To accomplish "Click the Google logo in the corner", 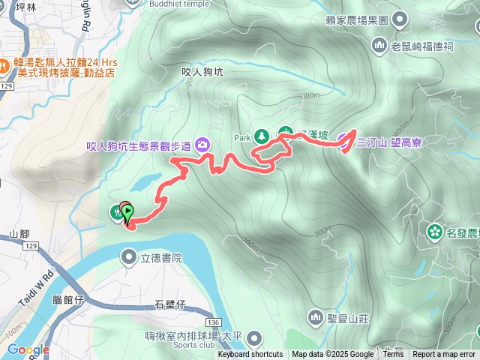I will pos(28,349).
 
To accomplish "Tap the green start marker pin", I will pos(127,213).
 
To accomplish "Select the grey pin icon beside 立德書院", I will pos(128,258).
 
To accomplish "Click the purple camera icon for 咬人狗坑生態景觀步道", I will pos(202,144).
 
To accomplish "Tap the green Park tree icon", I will pos(262,136).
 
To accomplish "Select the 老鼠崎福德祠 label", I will pos(422,46).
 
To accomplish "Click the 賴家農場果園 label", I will pos(356,19).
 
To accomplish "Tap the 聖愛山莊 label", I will pos(349,318).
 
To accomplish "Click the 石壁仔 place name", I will pos(169,304).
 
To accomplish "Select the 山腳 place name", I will pos(19,235).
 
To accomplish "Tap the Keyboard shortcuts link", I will pos(250,355).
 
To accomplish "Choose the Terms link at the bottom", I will pos(392,355).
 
